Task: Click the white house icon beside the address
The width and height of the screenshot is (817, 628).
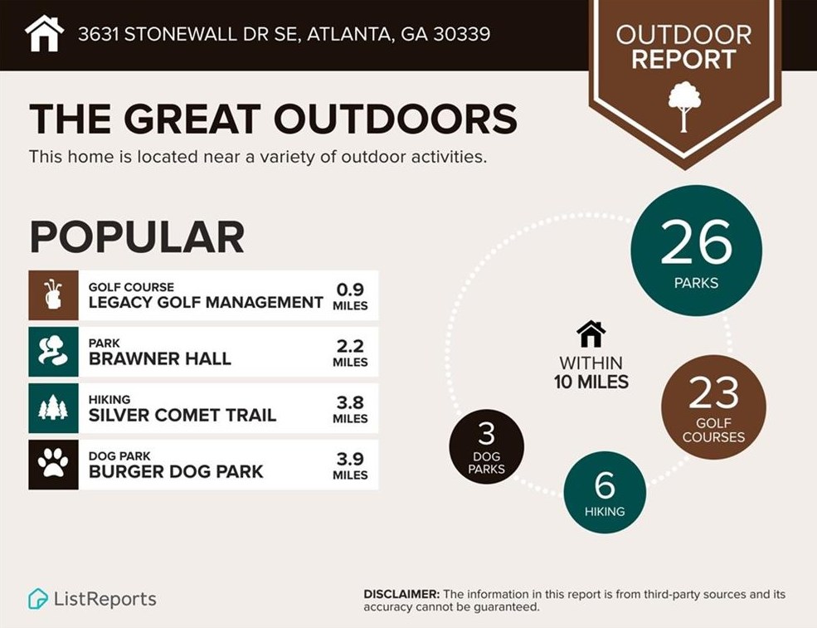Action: click(x=45, y=33)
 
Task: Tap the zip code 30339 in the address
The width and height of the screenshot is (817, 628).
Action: click(x=461, y=34)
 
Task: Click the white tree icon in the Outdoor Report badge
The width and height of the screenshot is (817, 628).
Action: click(x=684, y=106)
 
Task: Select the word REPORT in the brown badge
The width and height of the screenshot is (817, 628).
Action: click(x=683, y=60)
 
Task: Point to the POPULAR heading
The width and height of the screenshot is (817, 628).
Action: click(x=137, y=237)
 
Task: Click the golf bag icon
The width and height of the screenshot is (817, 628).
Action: click(x=53, y=295)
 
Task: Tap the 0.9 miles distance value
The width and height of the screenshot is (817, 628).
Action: click(x=350, y=295)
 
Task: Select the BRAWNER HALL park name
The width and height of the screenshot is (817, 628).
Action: click(x=159, y=359)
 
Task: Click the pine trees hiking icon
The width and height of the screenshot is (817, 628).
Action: click(x=53, y=408)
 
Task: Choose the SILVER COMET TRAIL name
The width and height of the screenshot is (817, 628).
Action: click(x=182, y=415)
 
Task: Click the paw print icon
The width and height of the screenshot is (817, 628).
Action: click(x=53, y=465)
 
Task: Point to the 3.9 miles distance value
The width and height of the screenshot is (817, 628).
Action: click(x=350, y=465)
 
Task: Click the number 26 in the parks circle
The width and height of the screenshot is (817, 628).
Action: click(x=696, y=243)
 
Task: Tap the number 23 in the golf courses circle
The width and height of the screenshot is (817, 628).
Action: click(x=713, y=394)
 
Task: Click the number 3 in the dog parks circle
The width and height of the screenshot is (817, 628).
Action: click(x=486, y=434)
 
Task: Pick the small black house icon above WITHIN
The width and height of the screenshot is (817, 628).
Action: click(x=591, y=334)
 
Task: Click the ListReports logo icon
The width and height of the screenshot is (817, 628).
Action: click(x=38, y=599)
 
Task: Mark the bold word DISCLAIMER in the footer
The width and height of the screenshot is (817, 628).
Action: click(x=401, y=595)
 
